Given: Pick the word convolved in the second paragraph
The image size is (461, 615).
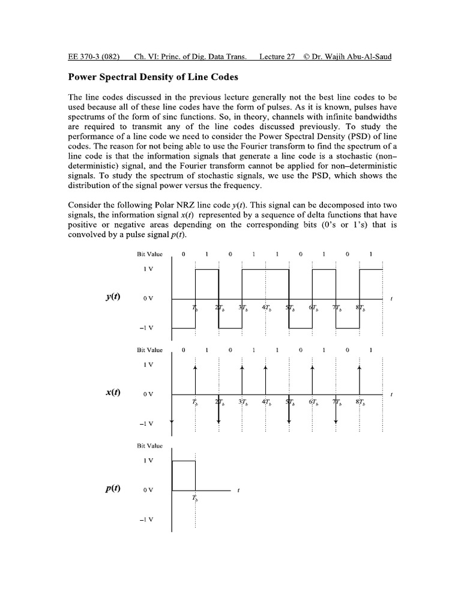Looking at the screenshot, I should click(88, 234).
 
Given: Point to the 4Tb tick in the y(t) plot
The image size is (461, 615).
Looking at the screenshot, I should click(267, 308).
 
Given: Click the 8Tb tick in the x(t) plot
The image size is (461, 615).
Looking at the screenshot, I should click(360, 404).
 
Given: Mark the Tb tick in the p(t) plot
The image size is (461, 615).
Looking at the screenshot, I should click(195, 498).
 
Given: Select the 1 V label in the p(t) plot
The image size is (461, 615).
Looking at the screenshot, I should click(148, 460).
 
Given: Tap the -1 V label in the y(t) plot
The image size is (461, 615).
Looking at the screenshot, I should click(147, 328).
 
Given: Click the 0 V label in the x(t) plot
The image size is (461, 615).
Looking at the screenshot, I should click(148, 394).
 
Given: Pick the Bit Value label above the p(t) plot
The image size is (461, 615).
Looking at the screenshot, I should click(149, 446).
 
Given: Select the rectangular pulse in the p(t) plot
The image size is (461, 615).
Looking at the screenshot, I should click(184, 476).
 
